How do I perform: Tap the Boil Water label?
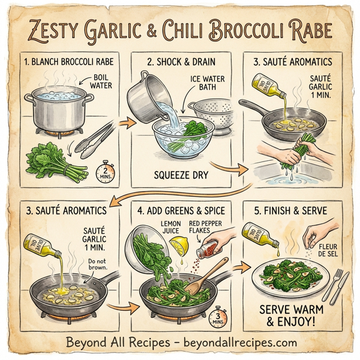[101, 82]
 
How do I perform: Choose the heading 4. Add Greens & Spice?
[180, 211]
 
